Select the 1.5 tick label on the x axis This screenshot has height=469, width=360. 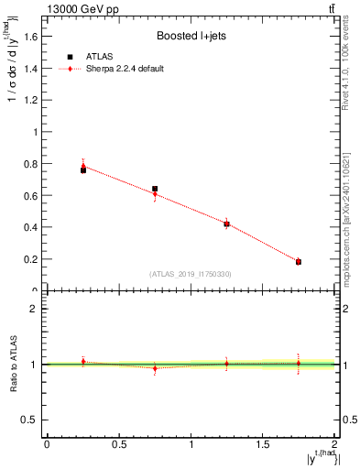263,444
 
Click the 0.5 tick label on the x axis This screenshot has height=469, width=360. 118,444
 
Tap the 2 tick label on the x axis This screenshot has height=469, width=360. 335,444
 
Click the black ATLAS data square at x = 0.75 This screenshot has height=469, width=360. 155,189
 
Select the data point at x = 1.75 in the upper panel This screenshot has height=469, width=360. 299,262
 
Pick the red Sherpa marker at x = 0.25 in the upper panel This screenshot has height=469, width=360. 83,166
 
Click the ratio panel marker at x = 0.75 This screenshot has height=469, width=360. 155,368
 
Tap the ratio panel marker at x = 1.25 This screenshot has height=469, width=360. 227,364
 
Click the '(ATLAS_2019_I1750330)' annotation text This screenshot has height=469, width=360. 190,274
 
